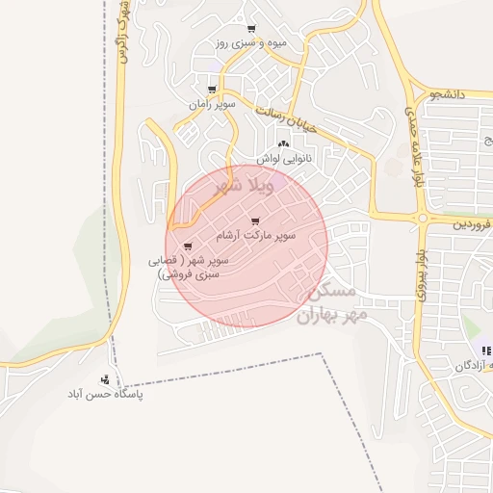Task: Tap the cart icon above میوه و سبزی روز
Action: coord(252,29)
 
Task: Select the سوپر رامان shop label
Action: coord(212,103)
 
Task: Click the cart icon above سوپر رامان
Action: coord(212,90)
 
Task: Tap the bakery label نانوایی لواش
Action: coord(283,157)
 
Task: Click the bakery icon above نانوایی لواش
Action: coord(283,143)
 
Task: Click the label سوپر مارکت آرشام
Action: coord(263,235)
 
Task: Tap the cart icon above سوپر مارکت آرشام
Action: coord(254,221)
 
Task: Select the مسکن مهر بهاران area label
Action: coord(323,302)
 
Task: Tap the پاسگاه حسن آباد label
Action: coord(104,394)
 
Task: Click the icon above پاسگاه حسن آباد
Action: coord(104,379)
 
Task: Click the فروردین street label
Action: coord(473,222)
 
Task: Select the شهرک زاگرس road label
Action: coord(121,39)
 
